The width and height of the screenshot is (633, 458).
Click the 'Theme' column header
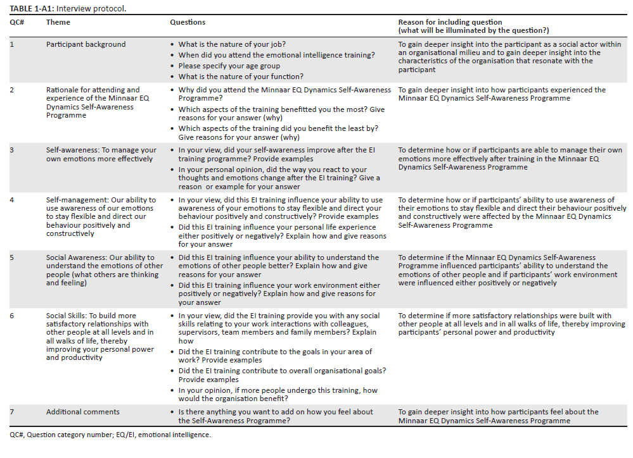pos(58,23)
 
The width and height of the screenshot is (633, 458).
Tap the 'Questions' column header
pos(188,23)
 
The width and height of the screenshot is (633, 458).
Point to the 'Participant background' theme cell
pos(86,45)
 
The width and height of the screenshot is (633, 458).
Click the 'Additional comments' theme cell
pos(82,412)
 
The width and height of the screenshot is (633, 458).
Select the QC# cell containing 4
pos(12,201)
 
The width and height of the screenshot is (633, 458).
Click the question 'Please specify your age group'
pos(229,66)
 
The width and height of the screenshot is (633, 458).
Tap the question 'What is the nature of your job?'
pos(232,45)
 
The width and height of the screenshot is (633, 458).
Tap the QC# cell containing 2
pos(12,90)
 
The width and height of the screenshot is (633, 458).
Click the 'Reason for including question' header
pos(450,23)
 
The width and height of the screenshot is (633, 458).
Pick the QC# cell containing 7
pos(12,412)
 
